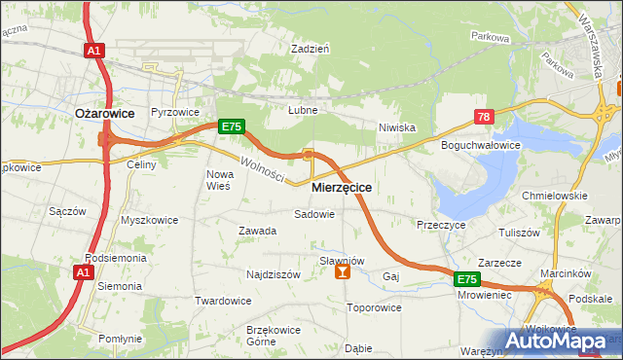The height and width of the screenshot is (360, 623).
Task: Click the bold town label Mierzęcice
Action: (342, 186)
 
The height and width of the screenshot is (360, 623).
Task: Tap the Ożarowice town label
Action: (104, 113)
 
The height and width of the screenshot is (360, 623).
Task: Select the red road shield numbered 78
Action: (484, 117)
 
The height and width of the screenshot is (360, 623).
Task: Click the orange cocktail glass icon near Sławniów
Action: (342, 273)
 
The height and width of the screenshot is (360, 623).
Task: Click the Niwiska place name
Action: (397, 126)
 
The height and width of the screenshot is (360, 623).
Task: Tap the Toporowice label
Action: (374, 308)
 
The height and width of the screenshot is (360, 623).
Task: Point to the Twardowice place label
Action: (223, 301)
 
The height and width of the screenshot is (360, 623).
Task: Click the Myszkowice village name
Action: (149, 220)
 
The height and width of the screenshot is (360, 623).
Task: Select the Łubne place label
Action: (303, 110)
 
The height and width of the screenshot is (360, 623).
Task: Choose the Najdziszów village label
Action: (274, 275)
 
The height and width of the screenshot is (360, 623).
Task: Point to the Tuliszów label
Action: (519, 234)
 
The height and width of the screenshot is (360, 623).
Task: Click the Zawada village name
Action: (258, 231)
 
